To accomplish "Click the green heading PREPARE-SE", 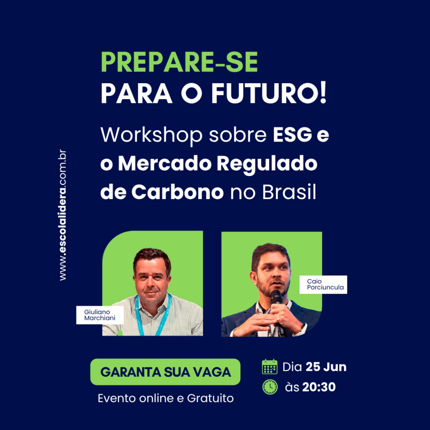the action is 179,62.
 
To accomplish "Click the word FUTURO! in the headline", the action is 269,93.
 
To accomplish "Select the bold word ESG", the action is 292,135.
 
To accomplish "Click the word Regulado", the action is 267,164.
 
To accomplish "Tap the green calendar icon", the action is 270,367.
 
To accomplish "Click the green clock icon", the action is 270,387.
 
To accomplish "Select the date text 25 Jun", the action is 326,367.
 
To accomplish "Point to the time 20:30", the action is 319,387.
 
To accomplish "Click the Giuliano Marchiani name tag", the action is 100,315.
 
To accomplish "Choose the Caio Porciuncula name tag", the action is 323,284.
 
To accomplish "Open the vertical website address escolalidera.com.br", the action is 63,215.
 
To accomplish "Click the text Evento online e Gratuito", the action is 165,398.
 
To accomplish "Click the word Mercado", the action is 165,164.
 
